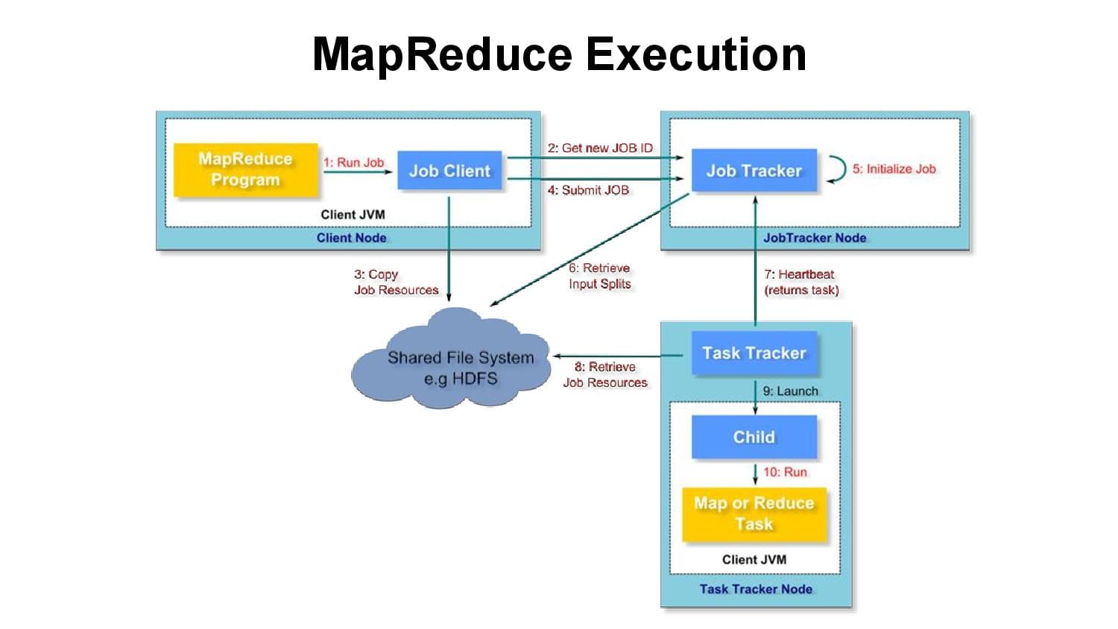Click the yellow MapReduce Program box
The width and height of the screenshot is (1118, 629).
click(245, 170)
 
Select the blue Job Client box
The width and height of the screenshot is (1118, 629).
click(449, 171)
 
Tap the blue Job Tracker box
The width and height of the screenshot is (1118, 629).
click(754, 171)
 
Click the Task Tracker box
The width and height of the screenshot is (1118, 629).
click(754, 353)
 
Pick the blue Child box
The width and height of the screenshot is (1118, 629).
click(754, 437)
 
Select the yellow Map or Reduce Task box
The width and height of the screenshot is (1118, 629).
click(754, 513)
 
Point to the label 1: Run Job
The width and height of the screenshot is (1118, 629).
click(353, 162)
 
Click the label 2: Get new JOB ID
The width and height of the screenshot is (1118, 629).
click(600, 148)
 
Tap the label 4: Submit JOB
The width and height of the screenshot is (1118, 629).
click(588, 191)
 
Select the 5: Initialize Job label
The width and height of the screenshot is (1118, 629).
click(894, 169)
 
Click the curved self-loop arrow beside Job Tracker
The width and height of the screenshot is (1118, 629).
click(838, 169)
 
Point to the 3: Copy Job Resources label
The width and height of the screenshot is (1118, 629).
click(396, 282)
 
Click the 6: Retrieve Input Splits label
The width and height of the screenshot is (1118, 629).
click(600, 276)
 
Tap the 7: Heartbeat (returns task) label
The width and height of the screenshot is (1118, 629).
click(801, 282)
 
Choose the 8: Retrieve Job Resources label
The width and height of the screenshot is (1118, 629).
click(604, 375)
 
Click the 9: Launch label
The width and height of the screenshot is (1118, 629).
click(790, 391)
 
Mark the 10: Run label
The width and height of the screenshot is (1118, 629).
click(785, 472)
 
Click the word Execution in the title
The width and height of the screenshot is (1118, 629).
click(695, 54)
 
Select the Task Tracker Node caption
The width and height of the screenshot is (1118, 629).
click(756, 589)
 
